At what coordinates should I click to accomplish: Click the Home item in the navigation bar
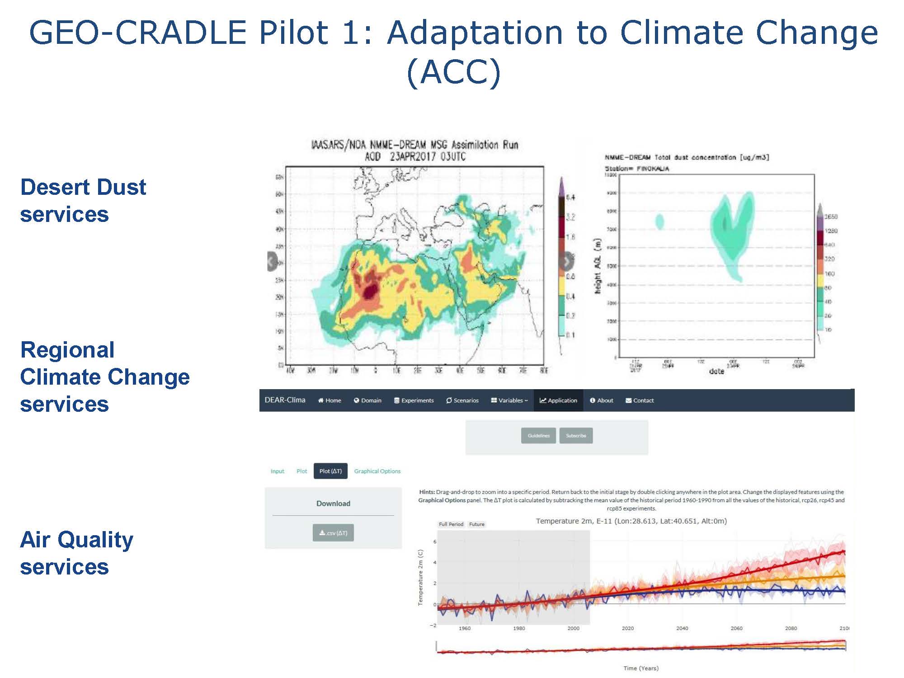coord(330,400)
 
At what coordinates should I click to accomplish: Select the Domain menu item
coord(367,400)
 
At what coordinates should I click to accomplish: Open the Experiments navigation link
coord(414,400)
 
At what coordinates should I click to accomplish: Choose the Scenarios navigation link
coord(462,400)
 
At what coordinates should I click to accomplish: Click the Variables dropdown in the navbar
coord(509,400)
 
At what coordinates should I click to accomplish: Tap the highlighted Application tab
coord(558,400)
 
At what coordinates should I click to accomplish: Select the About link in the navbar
coord(601,400)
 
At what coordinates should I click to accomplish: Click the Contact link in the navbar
coord(640,400)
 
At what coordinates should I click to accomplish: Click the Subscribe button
coord(576,436)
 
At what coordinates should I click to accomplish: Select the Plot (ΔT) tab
coord(330,471)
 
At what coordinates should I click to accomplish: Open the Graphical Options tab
coord(377,471)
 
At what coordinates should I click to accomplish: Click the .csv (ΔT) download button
coord(333,533)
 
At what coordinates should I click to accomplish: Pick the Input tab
coord(278,471)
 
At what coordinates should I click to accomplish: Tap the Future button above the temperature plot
coord(476,524)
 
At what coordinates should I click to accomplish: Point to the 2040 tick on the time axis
coord(682,628)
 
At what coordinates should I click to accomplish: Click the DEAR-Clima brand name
coord(285,400)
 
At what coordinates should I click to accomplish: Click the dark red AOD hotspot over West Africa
coord(371,292)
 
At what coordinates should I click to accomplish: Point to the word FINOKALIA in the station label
coord(653,169)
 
